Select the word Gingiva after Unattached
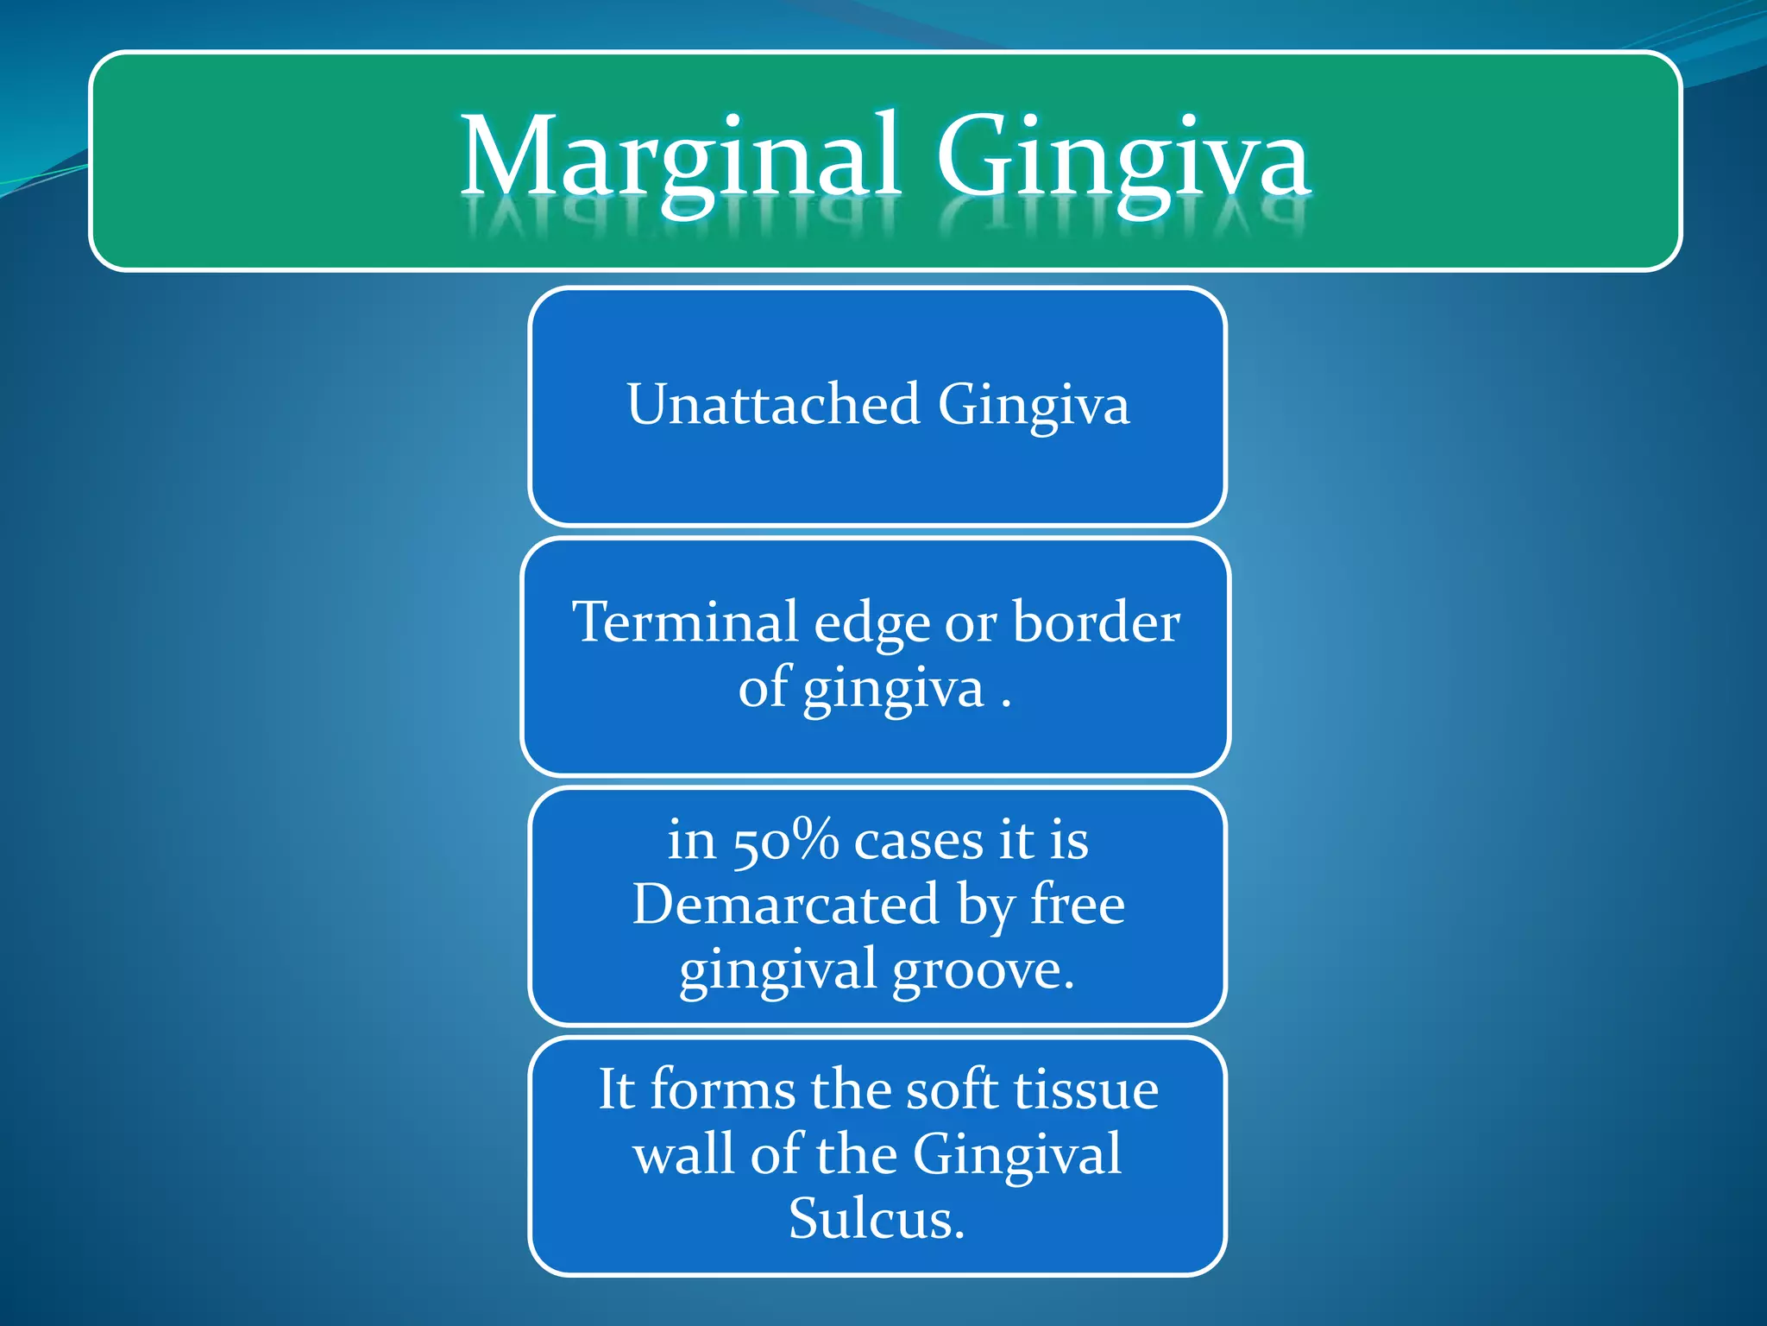[x=1033, y=406]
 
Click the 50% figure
[x=785, y=840]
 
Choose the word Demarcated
[x=785, y=904]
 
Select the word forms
[x=722, y=1089]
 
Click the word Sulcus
[x=876, y=1219]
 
